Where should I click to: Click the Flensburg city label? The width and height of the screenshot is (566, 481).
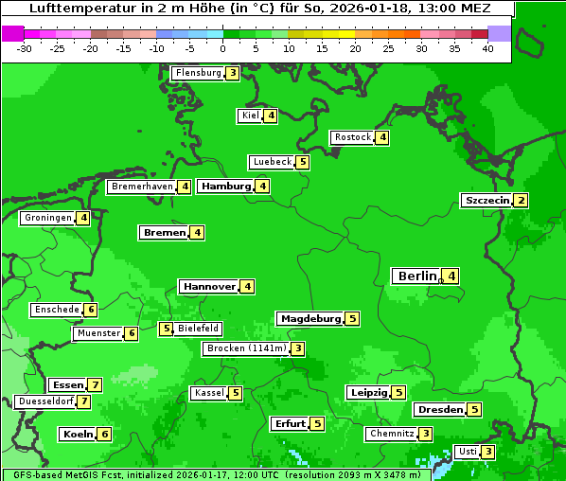pyautogui.click(x=198, y=73)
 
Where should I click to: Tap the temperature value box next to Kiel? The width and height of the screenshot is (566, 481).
pyautogui.click(x=271, y=116)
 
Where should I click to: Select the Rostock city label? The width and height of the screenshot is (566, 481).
pyautogui.click(x=352, y=137)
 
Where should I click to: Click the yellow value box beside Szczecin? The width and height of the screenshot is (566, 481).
pyautogui.click(x=521, y=201)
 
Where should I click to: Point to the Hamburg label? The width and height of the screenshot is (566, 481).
pyautogui.click(x=225, y=187)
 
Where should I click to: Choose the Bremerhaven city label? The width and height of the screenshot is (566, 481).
pyautogui.click(x=142, y=187)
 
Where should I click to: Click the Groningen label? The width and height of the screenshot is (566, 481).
pyautogui.click(x=47, y=218)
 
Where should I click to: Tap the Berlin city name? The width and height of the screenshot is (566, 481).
pyautogui.click(x=416, y=276)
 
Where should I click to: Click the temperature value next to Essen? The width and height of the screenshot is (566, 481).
pyautogui.click(x=94, y=385)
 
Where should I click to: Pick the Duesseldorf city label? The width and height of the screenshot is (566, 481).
pyautogui.click(x=44, y=401)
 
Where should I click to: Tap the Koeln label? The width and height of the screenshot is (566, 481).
pyautogui.click(x=77, y=435)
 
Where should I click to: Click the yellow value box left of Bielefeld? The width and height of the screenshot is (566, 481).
pyautogui.click(x=166, y=330)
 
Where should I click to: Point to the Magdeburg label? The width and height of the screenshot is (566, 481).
pyautogui.click(x=310, y=319)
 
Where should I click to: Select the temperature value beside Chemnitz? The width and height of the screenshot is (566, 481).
pyautogui.click(x=426, y=434)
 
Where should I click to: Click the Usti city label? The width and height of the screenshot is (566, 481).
pyautogui.click(x=467, y=452)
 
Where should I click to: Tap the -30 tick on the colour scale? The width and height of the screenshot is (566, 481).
pyautogui.click(x=25, y=47)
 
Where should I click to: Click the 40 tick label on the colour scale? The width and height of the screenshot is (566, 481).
pyautogui.click(x=487, y=47)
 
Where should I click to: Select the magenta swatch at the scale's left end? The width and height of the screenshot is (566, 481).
pyautogui.click(x=12, y=32)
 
